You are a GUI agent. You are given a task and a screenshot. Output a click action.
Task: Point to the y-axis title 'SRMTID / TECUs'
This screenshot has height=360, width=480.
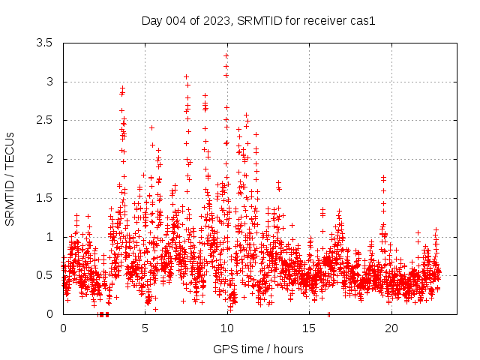pos(10,178)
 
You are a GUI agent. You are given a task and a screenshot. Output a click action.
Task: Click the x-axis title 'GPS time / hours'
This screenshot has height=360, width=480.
pos(258,349)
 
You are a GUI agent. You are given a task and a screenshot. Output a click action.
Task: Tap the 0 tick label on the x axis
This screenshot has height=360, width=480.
pos(63,328)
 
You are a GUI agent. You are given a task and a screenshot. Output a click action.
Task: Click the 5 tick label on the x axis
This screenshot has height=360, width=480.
pos(145,328)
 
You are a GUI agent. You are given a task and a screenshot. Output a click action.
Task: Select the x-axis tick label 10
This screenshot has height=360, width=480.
pos(227,328)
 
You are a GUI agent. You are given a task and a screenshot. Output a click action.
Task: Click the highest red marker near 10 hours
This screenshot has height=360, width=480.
pos(226,55)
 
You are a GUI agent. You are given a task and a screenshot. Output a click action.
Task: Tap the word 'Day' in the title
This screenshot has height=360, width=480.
pos(152,21)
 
